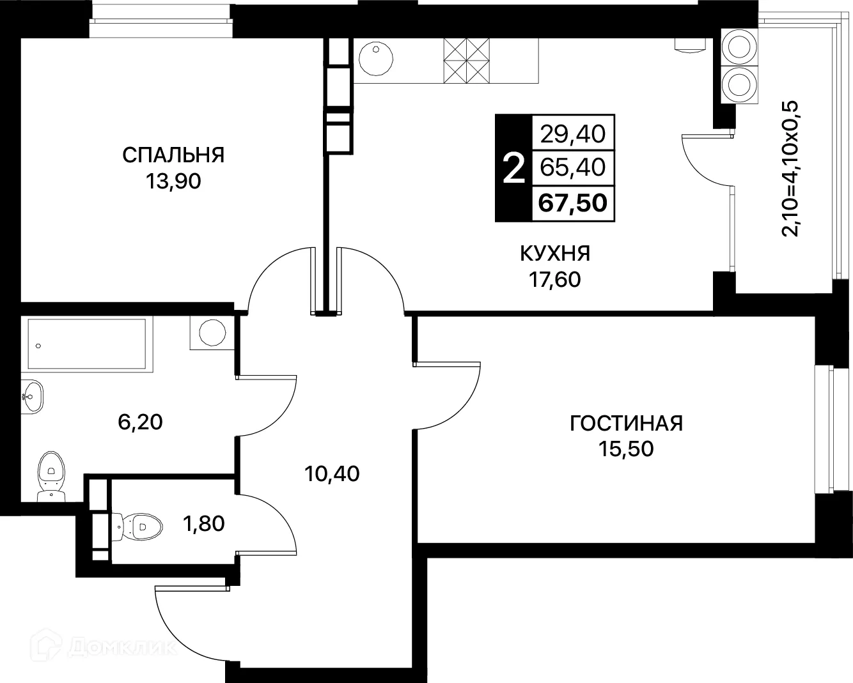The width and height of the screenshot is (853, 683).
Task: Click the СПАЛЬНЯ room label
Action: [173, 155]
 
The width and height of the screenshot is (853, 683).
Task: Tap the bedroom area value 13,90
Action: [173, 182]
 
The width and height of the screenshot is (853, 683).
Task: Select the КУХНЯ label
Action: [554, 254]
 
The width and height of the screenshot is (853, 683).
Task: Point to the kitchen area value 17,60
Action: [554, 279]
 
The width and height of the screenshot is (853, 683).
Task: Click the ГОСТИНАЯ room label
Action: [626, 423]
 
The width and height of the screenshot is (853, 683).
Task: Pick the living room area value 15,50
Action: [626, 449]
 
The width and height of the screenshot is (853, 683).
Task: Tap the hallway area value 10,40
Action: [332, 473]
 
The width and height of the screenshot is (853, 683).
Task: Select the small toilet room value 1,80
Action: [203, 524]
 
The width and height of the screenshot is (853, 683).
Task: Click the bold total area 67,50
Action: [573, 203]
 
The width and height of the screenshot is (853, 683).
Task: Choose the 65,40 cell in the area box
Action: [573, 167]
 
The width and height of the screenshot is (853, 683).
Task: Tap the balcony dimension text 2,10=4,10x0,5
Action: [792, 168]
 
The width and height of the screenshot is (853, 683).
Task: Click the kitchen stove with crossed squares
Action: [466, 61]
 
